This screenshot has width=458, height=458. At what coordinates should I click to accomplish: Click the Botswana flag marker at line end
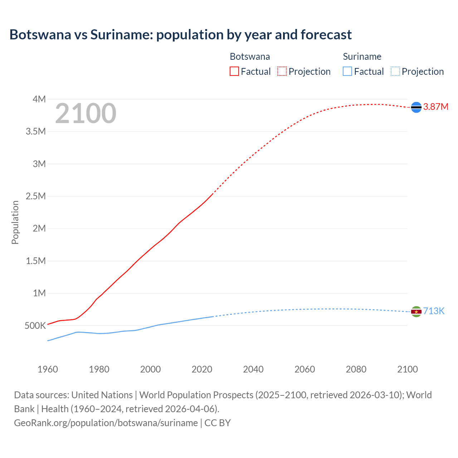(x=416, y=107)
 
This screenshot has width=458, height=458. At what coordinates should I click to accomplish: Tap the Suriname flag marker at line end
(x=416, y=312)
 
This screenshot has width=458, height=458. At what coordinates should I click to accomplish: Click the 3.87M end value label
(x=435, y=107)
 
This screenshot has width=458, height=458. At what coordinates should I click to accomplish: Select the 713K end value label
(x=434, y=311)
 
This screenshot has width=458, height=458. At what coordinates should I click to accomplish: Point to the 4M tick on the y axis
(x=39, y=99)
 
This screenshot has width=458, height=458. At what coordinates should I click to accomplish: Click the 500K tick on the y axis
(x=35, y=326)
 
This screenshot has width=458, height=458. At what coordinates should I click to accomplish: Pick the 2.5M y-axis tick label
(x=36, y=196)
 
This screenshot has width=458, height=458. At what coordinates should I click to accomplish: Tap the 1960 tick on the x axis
(x=48, y=369)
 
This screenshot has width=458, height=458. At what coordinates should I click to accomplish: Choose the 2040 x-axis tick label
(x=253, y=369)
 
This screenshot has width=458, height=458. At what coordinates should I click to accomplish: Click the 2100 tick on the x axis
(x=407, y=369)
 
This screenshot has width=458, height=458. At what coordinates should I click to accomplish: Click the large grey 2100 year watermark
(x=86, y=113)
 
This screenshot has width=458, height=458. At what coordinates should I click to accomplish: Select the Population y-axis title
(x=15, y=222)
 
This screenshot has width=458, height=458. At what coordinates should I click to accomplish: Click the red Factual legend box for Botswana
(x=234, y=71)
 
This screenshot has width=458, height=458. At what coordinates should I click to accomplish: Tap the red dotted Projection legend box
(x=282, y=71)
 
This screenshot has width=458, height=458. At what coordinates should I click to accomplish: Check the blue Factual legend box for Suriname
(x=347, y=71)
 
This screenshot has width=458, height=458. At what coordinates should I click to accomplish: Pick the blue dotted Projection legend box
(x=395, y=71)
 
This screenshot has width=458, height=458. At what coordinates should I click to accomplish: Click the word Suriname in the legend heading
(x=362, y=57)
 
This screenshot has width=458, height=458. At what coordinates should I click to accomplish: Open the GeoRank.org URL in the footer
(x=106, y=423)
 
